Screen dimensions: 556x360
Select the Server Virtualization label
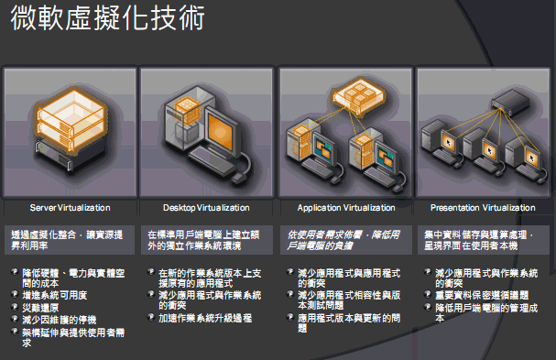tap(71, 208)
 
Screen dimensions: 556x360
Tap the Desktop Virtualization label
tap(207, 208)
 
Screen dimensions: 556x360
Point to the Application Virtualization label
tap(344, 208)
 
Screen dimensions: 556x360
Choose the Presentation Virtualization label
tap(483, 208)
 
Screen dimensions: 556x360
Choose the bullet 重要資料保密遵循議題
tap(482, 296)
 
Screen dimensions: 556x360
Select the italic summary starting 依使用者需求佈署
tap(343, 241)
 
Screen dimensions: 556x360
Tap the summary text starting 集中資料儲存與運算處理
tap(480, 241)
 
